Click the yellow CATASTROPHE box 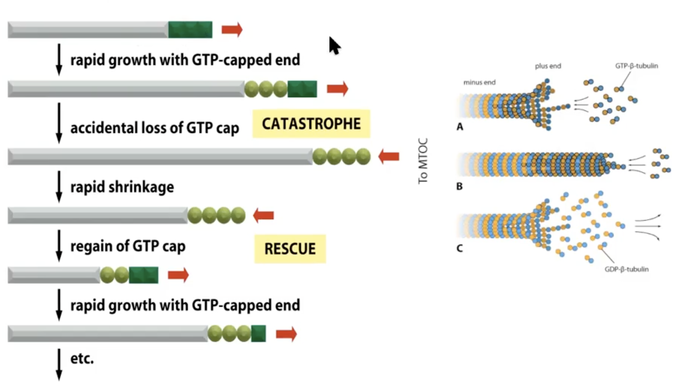coord(311,124)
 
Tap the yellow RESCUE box coord(290,249)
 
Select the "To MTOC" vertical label coord(423,161)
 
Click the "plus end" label coord(548,66)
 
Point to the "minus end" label coord(479,82)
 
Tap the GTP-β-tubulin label coord(636,66)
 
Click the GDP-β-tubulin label coord(626,269)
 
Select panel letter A coord(460,127)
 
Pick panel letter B coord(459,186)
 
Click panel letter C coord(459,248)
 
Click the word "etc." coord(82,359)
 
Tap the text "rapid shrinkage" coord(122,187)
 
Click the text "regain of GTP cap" coord(128,246)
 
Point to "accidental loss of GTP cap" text coord(155,128)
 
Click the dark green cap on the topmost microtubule coord(190,30)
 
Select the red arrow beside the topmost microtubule coord(232,30)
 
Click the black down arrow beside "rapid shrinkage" coord(59,187)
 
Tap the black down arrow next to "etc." coord(59,364)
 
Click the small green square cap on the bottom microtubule coord(258,334)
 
